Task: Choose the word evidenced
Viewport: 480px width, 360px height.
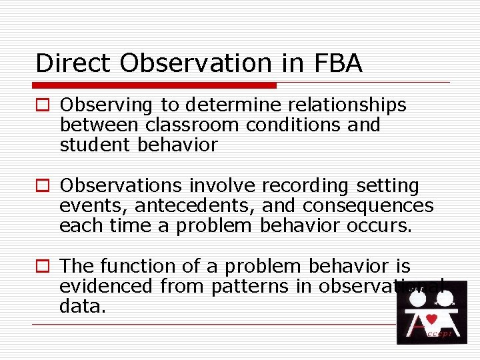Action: tap(107, 287)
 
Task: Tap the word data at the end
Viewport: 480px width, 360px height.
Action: tap(81, 307)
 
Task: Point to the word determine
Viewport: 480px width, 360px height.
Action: tap(219, 105)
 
